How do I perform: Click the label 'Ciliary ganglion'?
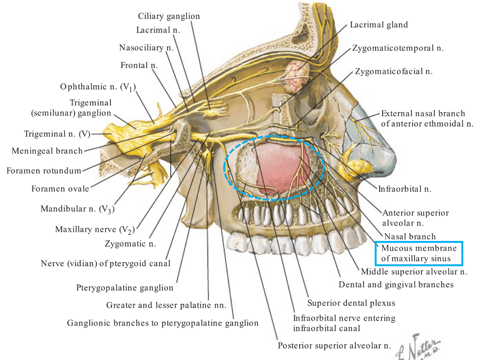point(169,16)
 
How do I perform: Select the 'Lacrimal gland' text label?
point(379,25)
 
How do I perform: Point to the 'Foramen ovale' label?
point(60,189)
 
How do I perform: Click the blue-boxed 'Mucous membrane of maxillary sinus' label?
point(419,253)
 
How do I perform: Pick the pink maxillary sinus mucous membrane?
point(282,168)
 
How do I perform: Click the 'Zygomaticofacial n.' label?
point(394,71)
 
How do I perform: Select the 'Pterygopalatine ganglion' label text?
point(125,288)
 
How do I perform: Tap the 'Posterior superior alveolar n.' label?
point(334,346)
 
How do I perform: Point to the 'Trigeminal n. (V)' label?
point(57,134)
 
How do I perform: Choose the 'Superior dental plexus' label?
point(351,303)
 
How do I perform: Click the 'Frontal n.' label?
point(139,65)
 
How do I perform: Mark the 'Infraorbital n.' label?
point(405,189)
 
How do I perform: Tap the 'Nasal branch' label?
point(410,236)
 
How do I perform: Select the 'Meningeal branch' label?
point(47,151)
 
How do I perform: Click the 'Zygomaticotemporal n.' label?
point(398,48)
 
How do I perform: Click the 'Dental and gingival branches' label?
point(396,285)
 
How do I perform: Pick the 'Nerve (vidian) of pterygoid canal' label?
point(106,264)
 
